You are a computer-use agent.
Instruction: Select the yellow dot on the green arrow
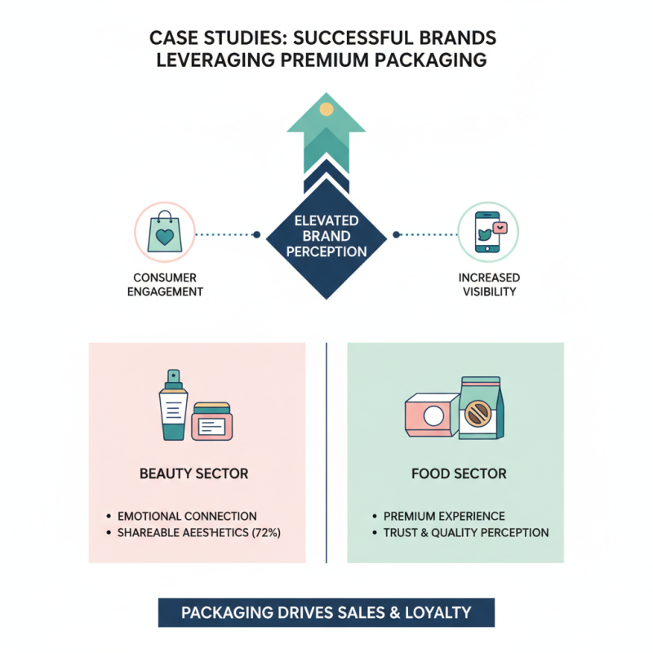pos(326,109)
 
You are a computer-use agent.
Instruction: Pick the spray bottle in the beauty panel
pos(173,405)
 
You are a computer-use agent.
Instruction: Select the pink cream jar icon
pos(212,421)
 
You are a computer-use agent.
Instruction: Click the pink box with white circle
pos(432,417)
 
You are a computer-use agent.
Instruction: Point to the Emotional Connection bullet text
pos(187,516)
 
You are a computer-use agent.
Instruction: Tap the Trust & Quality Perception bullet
pos(466,532)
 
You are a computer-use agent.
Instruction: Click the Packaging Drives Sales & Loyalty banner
pos(326,612)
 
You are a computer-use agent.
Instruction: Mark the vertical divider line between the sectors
pos(326,453)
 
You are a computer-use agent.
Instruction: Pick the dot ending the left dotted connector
pos(257,234)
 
